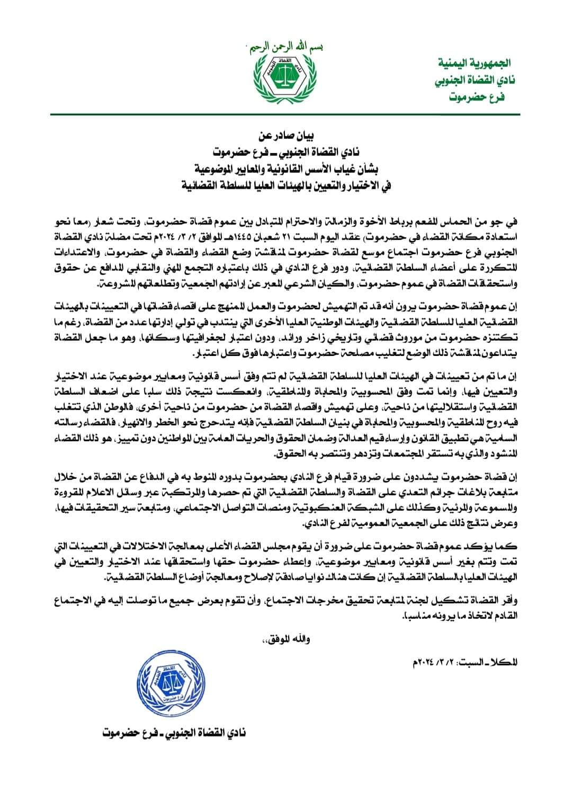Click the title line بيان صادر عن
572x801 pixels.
(x=286, y=139)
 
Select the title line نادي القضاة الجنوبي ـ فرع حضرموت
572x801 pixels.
(x=286, y=154)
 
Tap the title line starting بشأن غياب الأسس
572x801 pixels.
(x=286, y=170)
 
